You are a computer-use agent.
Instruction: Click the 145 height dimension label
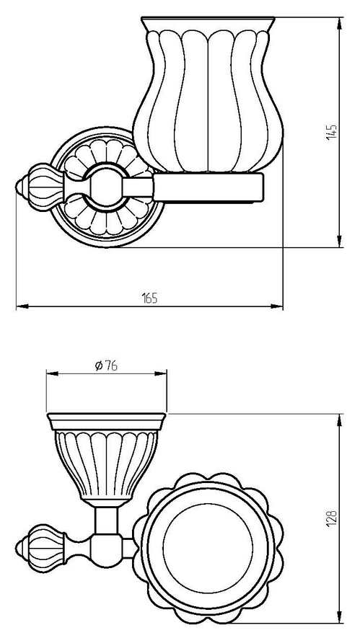coord(332,132)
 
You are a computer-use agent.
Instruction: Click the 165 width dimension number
coord(149,298)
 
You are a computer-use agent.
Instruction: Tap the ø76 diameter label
coord(106,365)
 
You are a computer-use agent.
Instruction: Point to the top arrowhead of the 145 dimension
coord(339,24)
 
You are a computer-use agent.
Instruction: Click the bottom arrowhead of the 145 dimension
coord(339,241)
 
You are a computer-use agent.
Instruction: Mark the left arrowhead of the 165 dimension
coord(22,306)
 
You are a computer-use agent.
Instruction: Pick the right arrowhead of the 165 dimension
coord(276,306)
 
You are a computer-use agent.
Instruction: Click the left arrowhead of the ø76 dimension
coord(53,373)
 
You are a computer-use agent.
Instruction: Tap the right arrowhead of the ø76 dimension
coord(160,373)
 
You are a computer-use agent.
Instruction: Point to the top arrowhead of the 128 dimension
coord(339,420)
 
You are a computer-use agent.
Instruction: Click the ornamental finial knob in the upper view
coord(40,187)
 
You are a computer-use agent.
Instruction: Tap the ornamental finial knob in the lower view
coord(40,546)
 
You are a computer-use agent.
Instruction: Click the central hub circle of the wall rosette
coord(106,187)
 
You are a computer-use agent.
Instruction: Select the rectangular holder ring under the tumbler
coord(208,187)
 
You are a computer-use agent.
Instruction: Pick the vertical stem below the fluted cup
coord(106,520)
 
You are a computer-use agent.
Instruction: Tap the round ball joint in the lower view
coord(106,551)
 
